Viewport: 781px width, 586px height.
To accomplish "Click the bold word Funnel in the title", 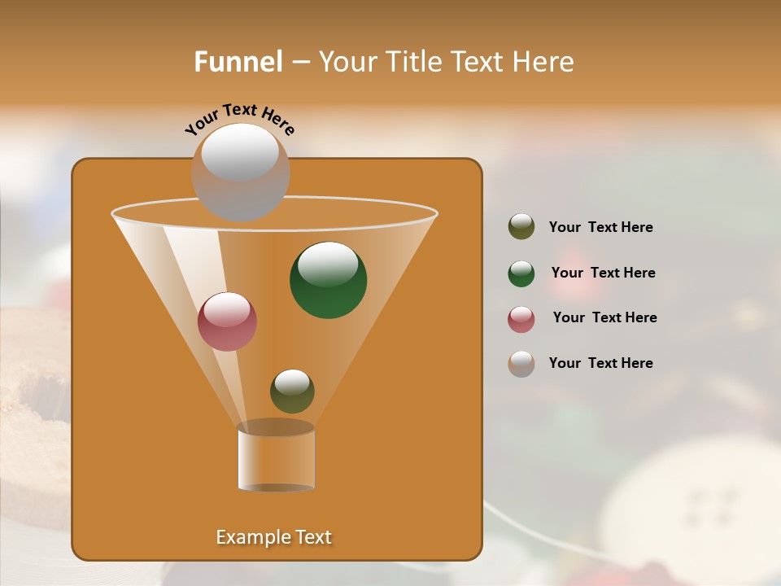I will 238,62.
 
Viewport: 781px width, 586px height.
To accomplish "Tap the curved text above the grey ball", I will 239,120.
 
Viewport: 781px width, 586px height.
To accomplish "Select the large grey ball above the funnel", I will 240,172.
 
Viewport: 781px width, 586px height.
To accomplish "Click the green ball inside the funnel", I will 328,280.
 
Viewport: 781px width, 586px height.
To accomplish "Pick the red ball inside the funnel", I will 227,321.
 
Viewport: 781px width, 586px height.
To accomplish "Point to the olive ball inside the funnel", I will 292,391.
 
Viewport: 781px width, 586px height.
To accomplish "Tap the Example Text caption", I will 273,537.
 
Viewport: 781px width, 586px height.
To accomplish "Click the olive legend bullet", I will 521,227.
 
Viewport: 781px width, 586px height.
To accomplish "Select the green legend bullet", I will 521,273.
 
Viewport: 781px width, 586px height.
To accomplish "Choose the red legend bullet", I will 521,319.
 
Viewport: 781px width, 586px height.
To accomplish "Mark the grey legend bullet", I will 521,364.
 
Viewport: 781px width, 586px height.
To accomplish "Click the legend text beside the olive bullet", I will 600,228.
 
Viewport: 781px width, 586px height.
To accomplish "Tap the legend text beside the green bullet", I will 603,273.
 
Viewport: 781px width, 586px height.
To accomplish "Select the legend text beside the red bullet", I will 604,318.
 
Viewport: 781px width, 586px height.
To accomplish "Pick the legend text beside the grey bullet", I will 600,363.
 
